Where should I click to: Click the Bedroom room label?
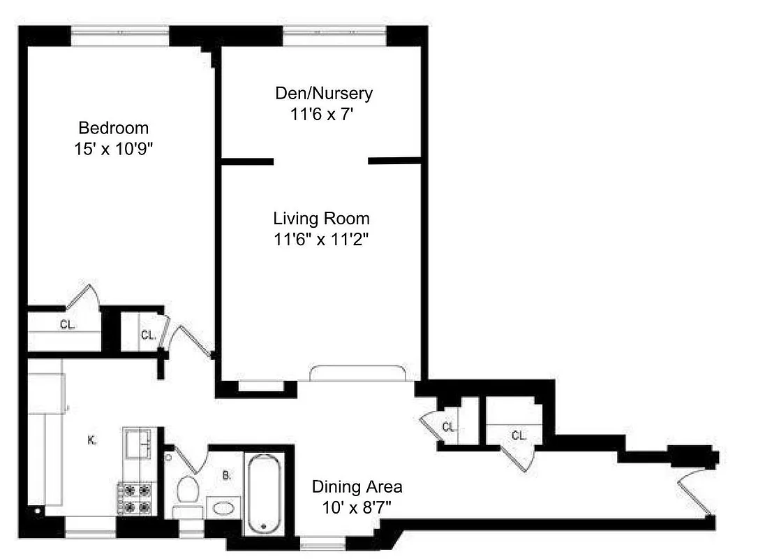click(113, 128)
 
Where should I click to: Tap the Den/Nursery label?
click(324, 93)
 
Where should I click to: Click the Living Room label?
click(321, 218)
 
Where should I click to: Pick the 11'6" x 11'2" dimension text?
click(321, 239)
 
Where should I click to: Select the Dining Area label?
click(357, 486)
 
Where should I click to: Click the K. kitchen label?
click(91, 440)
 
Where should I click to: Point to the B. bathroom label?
click(227, 477)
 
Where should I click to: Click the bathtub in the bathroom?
click(262, 493)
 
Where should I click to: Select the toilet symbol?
click(187, 490)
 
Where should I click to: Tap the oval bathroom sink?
click(224, 508)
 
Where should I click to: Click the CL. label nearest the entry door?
click(518, 435)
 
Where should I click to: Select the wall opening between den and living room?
click(320, 161)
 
